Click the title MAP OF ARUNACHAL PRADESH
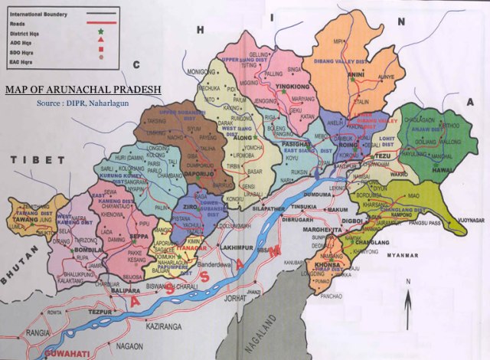[83, 90]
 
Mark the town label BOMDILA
[87, 250]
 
